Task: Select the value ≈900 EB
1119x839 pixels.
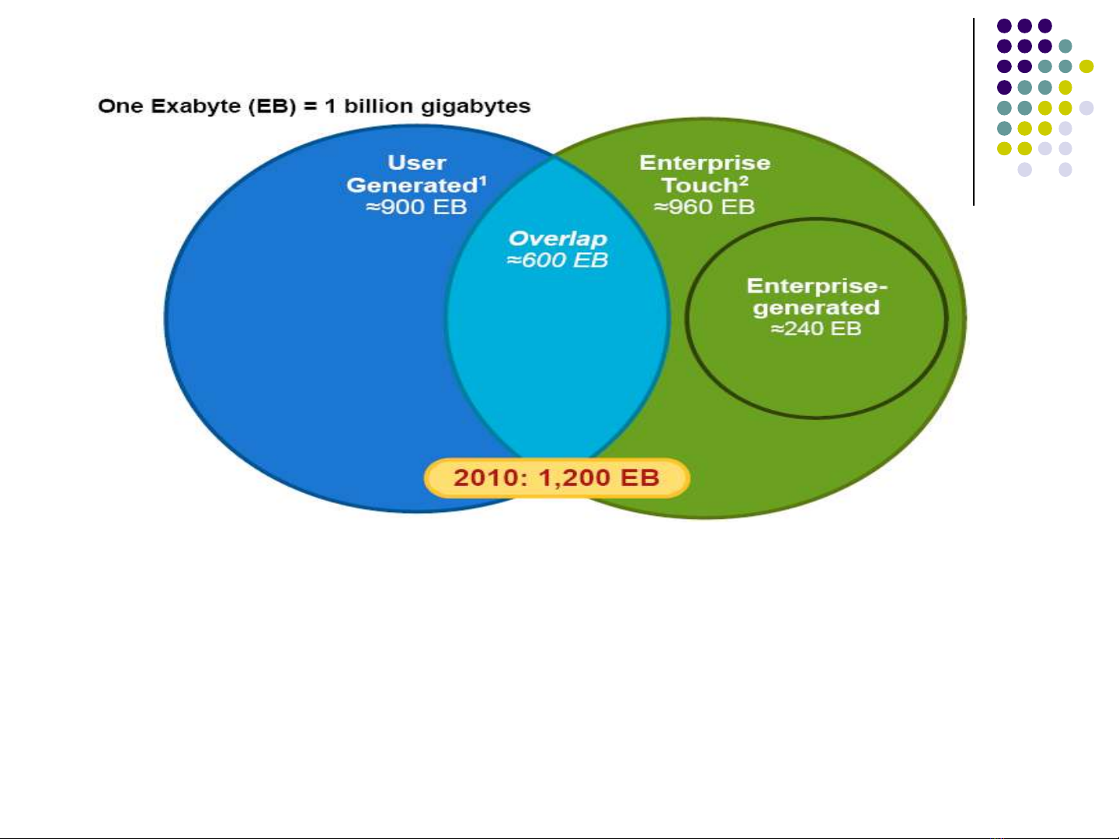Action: pos(417,207)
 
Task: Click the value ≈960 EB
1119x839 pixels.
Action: pos(704,207)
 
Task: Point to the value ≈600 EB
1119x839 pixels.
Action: pos(558,260)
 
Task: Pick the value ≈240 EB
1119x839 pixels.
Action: pos(816,329)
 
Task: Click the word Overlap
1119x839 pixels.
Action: pos(558,238)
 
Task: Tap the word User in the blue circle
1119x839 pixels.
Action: pos(417,163)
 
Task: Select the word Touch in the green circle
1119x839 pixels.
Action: pos(699,185)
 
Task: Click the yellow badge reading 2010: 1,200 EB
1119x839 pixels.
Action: pos(557,477)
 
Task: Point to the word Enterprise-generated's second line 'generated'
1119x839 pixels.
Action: pos(816,308)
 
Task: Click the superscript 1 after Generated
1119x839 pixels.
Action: pos(483,180)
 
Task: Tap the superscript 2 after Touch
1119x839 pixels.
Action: pos(744,180)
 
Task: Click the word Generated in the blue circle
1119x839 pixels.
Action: pos(412,185)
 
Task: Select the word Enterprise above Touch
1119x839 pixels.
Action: pos(704,163)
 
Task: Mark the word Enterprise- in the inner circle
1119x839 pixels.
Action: pos(816,286)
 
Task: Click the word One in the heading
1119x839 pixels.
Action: pos(120,106)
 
